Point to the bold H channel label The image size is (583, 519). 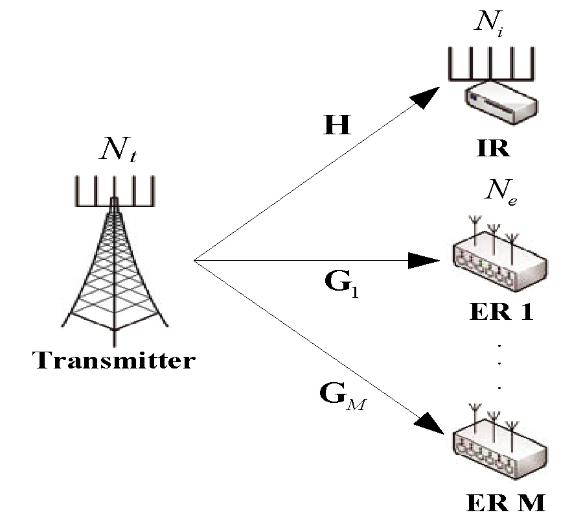click(337, 125)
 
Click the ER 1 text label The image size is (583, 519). click(500, 313)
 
